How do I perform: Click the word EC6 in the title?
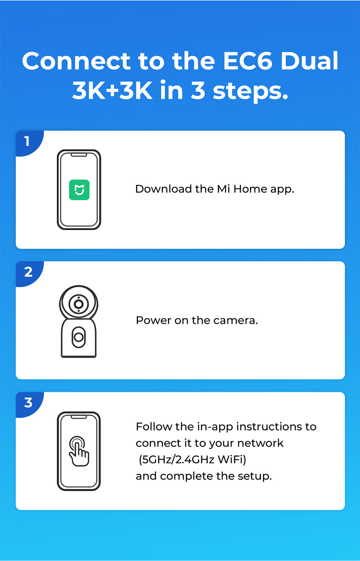click(x=247, y=61)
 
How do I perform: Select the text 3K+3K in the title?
click(x=112, y=90)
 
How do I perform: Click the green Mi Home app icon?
click(x=79, y=189)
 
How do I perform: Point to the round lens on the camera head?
click(x=79, y=304)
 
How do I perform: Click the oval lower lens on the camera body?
click(x=79, y=337)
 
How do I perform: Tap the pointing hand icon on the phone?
click(x=79, y=451)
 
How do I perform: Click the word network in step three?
click(x=260, y=443)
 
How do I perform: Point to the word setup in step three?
click(x=255, y=476)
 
